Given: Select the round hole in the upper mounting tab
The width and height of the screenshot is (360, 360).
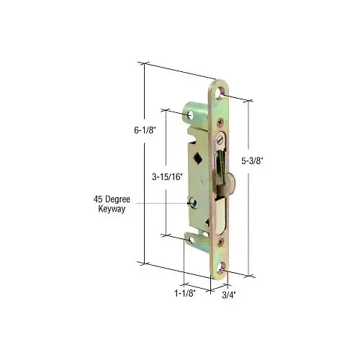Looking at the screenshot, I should pyautogui.click(x=191, y=114).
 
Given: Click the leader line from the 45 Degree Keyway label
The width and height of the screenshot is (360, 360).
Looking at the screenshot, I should pyautogui.click(x=158, y=204).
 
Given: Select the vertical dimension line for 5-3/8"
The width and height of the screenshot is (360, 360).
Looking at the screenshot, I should pyautogui.click(x=251, y=187).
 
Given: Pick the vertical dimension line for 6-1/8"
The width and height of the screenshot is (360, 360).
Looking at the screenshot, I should pyautogui.click(x=144, y=166).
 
